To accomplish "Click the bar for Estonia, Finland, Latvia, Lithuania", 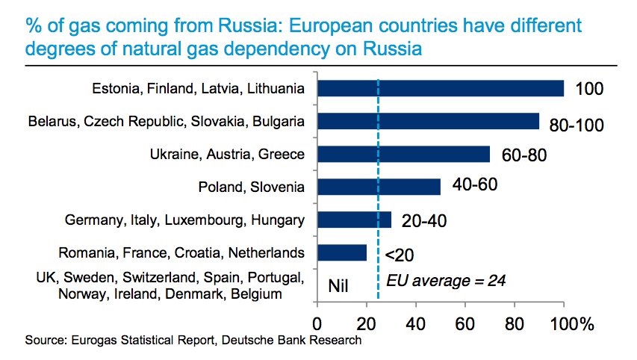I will point(441,88).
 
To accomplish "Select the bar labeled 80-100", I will point(428,121).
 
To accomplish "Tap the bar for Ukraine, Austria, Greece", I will point(403,154).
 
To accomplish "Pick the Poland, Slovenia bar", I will point(379,186).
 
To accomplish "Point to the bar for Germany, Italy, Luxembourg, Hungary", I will point(354,219).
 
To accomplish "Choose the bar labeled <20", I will point(342,252).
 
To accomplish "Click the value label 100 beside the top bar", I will point(588,90).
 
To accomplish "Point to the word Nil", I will point(340,285).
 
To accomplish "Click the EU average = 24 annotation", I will point(447,282).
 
